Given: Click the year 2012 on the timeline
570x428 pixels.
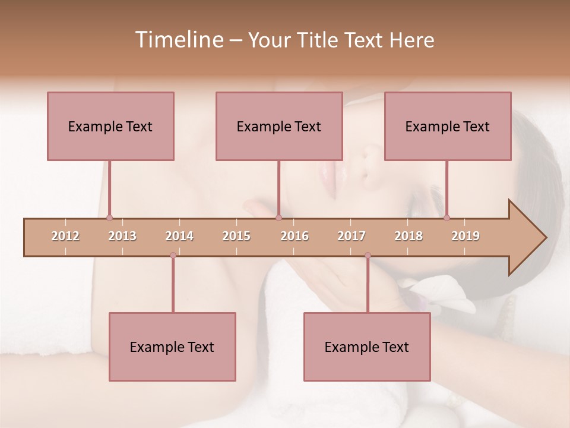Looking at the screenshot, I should pyautogui.click(x=65, y=236).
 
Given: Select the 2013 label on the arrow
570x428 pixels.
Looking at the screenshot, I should pyautogui.click(x=122, y=236).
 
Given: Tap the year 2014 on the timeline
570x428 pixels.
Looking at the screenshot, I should pyautogui.click(x=179, y=236).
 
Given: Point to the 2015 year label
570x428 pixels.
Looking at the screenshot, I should pyautogui.click(x=236, y=236).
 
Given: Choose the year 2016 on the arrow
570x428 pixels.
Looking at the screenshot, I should pyautogui.click(x=294, y=236).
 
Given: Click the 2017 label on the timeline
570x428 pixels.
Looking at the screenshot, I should pyautogui.click(x=351, y=236).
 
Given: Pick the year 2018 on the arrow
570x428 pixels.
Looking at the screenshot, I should pyautogui.click(x=408, y=236).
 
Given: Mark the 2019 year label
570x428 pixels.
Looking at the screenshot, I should pyautogui.click(x=465, y=236).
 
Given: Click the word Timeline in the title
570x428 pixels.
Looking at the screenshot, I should pyautogui.click(x=178, y=40).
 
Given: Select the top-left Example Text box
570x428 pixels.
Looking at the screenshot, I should pyautogui.click(x=110, y=126).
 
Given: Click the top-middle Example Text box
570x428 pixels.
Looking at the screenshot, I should pyautogui.click(x=279, y=126).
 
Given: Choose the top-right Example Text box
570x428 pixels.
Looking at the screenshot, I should pyautogui.click(x=448, y=126).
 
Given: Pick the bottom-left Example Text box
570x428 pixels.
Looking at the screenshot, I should pyautogui.click(x=172, y=347).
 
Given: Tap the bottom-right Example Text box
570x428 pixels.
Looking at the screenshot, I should pyautogui.click(x=367, y=347).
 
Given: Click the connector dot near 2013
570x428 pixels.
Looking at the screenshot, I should pyautogui.click(x=109, y=218).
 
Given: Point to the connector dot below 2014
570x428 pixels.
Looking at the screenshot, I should pyautogui.click(x=173, y=255).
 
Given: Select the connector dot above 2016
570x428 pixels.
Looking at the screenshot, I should pyautogui.click(x=278, y=218).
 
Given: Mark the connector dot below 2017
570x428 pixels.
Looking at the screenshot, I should pyautogui.click(x=368, y=255).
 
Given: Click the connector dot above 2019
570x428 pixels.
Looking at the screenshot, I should pyautogui.click(x=446, y=218).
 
